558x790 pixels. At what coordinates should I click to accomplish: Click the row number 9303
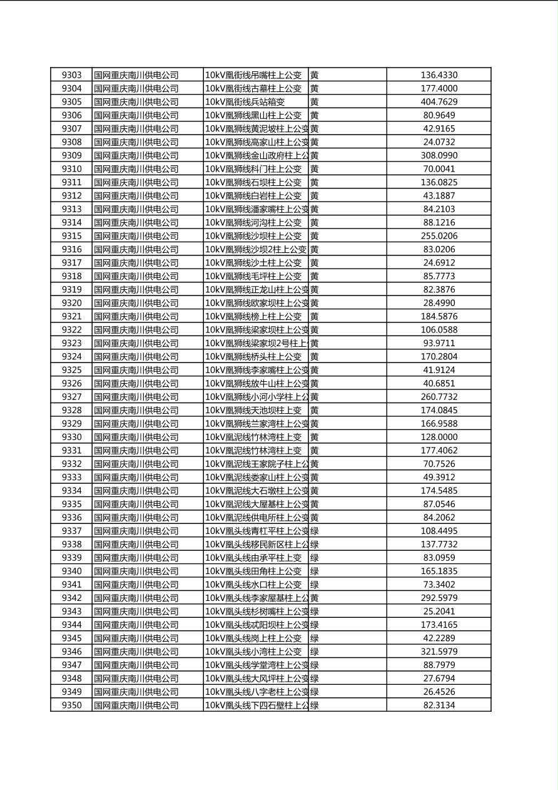pos(71,75)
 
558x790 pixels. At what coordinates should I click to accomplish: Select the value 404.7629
pos(439,102)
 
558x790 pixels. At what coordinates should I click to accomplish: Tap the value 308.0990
pos(439,155)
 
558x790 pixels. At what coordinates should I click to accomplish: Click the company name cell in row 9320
pos(136,303)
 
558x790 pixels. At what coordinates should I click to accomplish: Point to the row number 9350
pos(71,705)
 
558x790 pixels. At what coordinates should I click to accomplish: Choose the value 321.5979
pos(439,652)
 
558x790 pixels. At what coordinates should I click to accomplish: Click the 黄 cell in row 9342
pos(315,598)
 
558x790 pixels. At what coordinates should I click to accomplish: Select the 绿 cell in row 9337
pos(315,531)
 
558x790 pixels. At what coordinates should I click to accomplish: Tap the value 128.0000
pos(439,437)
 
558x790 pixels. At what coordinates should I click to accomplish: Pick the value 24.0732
pos(439,142)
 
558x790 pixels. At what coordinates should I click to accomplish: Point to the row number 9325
pos(71,370)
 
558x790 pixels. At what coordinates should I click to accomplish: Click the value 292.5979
pos(439,598)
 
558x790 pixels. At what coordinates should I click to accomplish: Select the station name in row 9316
pos(256,249)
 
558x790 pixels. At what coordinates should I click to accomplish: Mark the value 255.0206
pos(439,236)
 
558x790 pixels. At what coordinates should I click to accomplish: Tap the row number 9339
pos(71,558)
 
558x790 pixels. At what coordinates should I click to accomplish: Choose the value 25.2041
pos(439,612)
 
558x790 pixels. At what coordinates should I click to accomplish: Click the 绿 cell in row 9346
pos(315,652)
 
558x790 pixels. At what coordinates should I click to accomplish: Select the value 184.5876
pos(439,316)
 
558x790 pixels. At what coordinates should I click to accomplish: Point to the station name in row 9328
pos(253,410)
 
